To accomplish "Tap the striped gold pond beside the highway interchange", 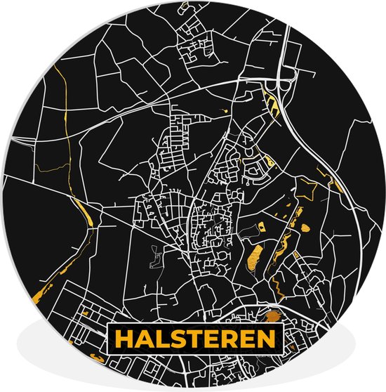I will click(x=273, y=105).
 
